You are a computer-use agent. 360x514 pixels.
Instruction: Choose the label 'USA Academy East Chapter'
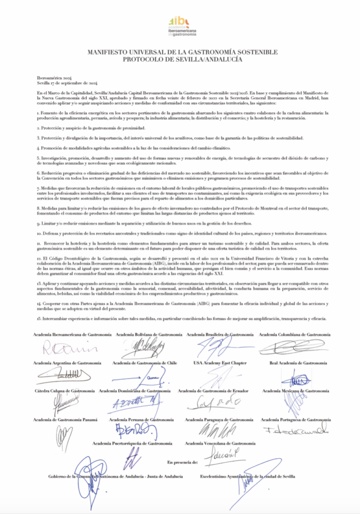219,362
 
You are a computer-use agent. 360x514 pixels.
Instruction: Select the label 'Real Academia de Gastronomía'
298,362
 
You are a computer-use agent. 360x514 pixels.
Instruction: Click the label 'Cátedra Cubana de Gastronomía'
64,391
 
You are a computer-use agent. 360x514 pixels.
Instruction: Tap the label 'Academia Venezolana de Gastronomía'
220,444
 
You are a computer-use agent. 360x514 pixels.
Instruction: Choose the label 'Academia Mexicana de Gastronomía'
296,391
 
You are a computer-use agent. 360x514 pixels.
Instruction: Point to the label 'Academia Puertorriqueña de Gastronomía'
133,444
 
